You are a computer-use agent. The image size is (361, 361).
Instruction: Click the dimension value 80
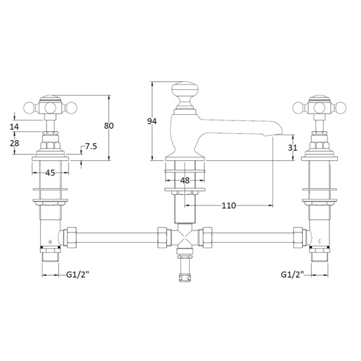[110, 125]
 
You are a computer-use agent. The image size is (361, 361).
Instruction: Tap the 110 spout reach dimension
[228, 205]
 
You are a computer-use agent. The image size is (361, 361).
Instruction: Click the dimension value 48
[184, 180]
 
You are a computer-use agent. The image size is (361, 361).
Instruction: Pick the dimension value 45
[49, 173]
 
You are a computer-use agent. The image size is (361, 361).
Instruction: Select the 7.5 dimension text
[91, 146]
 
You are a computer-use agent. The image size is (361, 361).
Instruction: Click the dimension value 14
[14, 126]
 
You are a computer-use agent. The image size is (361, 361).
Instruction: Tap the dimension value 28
[14, 143]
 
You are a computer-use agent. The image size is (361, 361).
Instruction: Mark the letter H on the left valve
[51, 242]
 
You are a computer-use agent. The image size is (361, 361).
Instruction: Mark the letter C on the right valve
[318, 242]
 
